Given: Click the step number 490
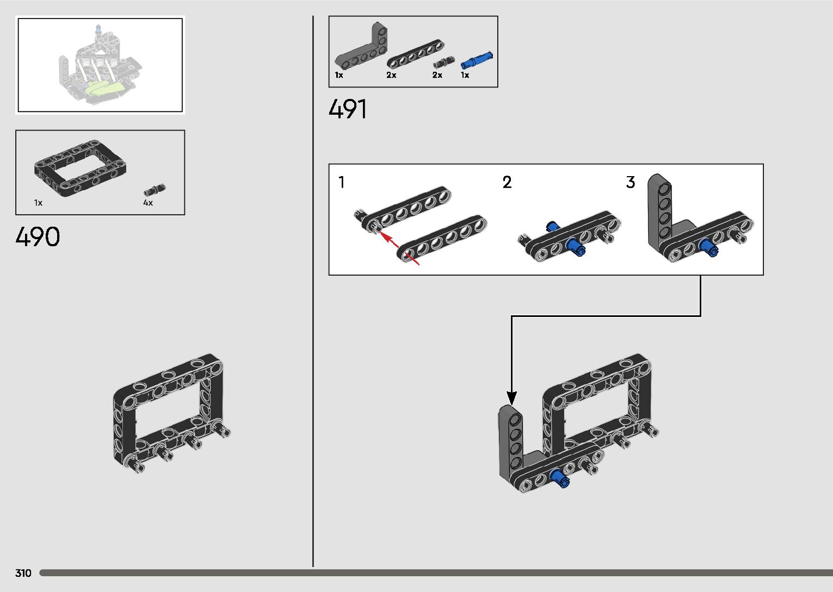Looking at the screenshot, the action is (38, 237).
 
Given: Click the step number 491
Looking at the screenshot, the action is (348, 109).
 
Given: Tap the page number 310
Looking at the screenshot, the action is (23, 573).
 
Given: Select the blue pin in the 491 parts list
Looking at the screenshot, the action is (477, 60).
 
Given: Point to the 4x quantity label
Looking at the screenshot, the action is (148, 203).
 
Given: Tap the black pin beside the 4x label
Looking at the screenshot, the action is (155, 190).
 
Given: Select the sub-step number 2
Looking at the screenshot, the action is (507, 182).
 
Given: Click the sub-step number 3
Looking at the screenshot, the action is (631, 182).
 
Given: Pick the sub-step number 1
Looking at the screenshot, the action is (341, 182).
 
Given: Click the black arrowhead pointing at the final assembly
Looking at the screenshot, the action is (511, 398).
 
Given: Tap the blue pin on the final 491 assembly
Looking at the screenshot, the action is (559, 478).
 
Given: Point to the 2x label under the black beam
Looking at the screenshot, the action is (391, 75).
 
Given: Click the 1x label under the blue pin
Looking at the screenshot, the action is (465, 75).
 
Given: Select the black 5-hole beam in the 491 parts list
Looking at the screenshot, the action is (415, 55).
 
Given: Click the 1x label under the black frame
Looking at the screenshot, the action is (38, 203).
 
